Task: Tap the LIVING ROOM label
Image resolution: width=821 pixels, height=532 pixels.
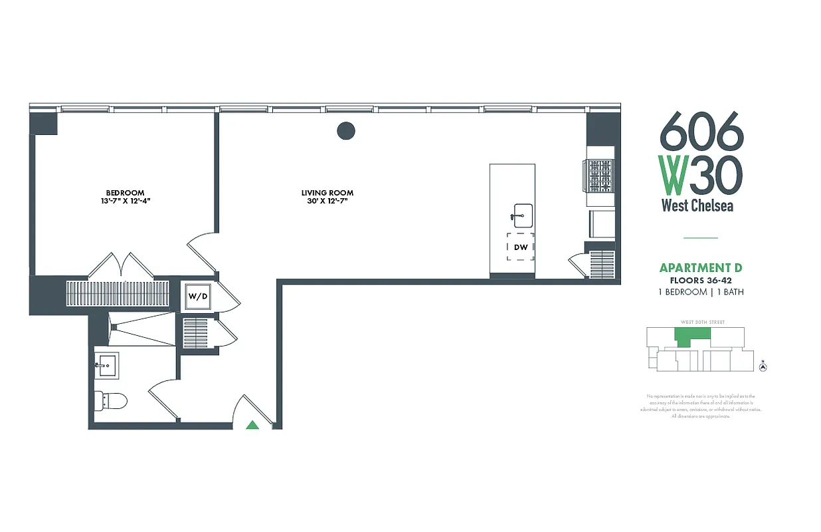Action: point(327,193)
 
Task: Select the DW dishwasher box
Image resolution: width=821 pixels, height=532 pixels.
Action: point(521,247)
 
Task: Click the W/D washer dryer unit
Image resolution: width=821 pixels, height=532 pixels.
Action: point(198,296)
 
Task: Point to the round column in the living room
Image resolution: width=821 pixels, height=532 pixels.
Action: point(345,131)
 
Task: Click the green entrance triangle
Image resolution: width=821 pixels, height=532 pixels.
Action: point(252,425)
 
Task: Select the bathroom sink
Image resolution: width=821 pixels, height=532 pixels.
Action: point(106,365)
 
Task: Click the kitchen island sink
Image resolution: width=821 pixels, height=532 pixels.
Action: point(522,215)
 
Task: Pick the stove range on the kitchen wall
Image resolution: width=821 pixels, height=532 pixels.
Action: point(599,176)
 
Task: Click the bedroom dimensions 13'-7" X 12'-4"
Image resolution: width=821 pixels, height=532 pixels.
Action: point(126,201)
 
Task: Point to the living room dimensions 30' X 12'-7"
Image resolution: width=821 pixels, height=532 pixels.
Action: point(327,201)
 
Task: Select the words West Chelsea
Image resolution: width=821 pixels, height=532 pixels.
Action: point(697,205)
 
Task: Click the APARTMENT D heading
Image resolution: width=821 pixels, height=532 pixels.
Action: point(700,268)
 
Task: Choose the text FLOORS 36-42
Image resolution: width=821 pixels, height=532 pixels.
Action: point(700,281)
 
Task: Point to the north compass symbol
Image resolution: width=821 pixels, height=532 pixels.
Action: point(763,366)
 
